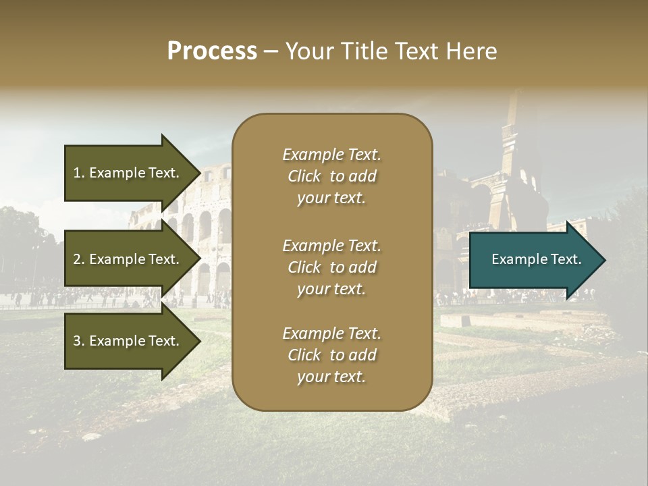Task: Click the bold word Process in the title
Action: click(212, 51)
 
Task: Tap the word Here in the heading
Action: click(471, 51)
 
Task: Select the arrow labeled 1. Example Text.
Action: click(127, 173)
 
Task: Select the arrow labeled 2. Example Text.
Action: click(127, 259)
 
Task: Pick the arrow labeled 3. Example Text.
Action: click(127, 341)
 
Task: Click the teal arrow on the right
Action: click(533, 260)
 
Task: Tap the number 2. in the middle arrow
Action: click(79, 259)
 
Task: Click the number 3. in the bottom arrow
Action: click(79, 341)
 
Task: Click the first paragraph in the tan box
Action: click(331, 176)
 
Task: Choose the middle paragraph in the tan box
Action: click(331, 267)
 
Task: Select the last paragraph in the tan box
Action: click(331, 355)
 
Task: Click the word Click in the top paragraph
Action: click(304, 176)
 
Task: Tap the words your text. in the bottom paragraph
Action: click(331, 377)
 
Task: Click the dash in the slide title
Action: click(271, 51)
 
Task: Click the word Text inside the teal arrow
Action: click(566, 259)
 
